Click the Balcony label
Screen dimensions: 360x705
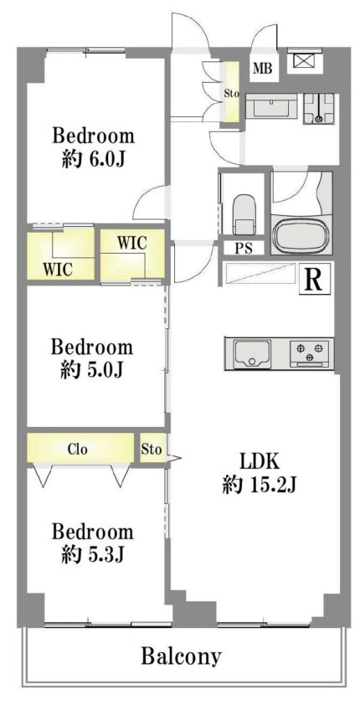(x=181, y=656)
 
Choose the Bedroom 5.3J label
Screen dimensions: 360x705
(x=93, y=543)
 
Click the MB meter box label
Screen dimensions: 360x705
(x=262, y=69)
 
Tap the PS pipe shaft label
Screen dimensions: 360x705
(x=244, y=247)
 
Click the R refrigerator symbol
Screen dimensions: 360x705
(x=313, y=280)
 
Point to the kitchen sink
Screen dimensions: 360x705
(x=252, y=353)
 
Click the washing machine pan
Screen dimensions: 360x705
(x=319, y=108)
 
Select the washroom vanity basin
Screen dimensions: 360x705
(x=271, y=107)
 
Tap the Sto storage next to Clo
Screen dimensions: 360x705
(x=151, y=448)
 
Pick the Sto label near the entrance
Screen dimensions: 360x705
(x=232, y=94)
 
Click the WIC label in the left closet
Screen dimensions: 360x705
(x=58, y=269)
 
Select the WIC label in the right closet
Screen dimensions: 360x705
(x=132, y=243)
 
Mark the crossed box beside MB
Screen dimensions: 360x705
(x=302, y=60)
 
